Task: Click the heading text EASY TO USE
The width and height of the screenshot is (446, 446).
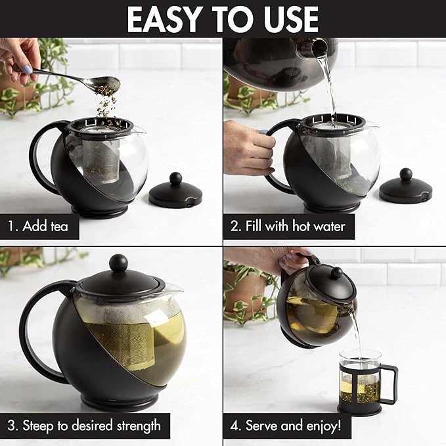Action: click(223, 19)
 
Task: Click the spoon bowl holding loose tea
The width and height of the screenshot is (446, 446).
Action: click(106, 83)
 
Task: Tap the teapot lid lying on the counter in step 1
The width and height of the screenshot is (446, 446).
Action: click(175, 192)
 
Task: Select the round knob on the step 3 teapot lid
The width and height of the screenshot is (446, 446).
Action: click(118, 263)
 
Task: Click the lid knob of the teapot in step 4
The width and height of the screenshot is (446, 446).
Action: click(336, 272)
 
